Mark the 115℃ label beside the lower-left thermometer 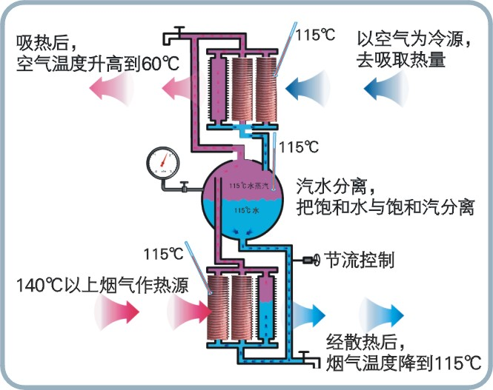pyautogui.click(x=164, y=254)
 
